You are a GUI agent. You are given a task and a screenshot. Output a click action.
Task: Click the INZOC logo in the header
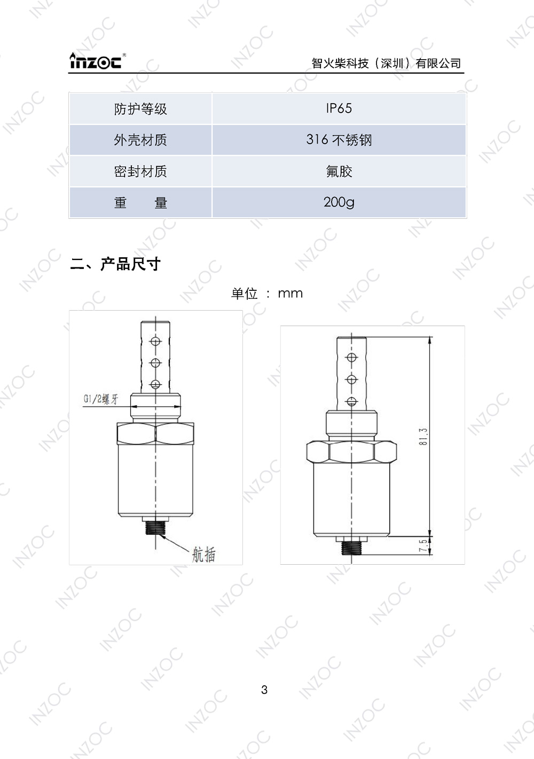click(x=97, y=61)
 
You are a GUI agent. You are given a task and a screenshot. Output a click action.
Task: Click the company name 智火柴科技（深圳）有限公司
click(x=386, y=64)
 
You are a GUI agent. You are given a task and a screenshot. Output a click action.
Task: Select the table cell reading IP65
click(x=339, y=108)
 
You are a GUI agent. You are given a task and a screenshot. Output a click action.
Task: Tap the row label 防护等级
click(x=140, y=109)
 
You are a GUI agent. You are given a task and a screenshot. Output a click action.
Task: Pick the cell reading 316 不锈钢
click(x=339, y=140)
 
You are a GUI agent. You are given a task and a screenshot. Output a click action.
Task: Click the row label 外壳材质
click(x=140, y=140)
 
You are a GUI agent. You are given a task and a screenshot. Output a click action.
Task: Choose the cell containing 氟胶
click(x=339, y=171)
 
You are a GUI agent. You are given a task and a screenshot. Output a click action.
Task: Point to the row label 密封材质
click(x=140, y=171)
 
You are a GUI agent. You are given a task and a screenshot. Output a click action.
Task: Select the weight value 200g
click(x=339, y=202)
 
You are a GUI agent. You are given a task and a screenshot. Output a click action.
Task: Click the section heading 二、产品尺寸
click(x=115, y=264)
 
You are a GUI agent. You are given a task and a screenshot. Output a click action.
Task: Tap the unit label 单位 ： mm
click(x=266, y=293)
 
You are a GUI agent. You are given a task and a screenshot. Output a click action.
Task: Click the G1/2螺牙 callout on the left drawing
click(x=101, y=399)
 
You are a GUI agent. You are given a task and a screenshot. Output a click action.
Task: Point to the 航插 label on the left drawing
click(x=203, y=555)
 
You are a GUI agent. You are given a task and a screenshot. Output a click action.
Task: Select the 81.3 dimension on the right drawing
click(x=423, y=437)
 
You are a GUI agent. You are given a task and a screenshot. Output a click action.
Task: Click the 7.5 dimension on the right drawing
click(x=423, y=545)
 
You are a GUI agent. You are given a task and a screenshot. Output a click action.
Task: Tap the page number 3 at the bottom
click(x=264, y=690)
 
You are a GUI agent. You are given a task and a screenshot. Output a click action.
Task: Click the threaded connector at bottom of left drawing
click(x=155, y=528)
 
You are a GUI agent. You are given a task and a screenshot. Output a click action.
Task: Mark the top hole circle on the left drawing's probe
click(x=155, y=342)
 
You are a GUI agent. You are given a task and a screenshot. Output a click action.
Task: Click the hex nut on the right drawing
click(x=351, y=452)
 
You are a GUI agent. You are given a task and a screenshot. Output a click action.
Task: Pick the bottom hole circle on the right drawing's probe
click(x=351, y=401)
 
